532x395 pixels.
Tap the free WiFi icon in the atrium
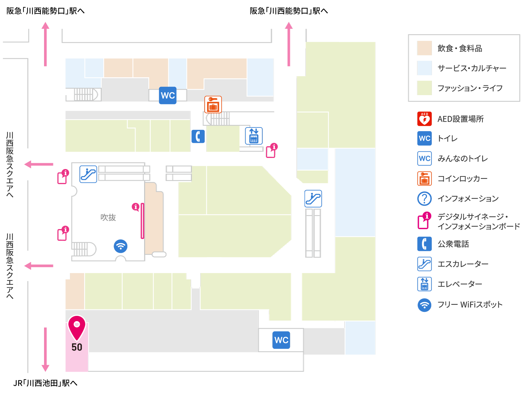[120, 246]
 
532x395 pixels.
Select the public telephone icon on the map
[198, 136]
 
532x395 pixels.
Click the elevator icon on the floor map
[254, 136]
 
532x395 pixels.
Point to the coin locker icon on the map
[213, 104]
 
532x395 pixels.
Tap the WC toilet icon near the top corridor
[168, 95]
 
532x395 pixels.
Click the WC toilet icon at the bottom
[281, 340]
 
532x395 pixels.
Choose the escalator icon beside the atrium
[88, 174]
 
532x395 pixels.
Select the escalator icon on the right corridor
[313, 199]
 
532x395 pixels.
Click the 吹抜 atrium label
[108, 217]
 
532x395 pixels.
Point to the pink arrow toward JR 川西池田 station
[45, 349]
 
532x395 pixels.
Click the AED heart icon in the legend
[424, 119]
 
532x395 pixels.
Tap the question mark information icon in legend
[424, 199]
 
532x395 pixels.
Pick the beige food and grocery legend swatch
[424, 48]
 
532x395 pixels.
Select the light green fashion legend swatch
[424, 88]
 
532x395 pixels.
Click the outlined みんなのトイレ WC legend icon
[424, 158]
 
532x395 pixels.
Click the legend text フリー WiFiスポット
[470, 304]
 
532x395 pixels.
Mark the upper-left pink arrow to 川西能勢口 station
[45, 44]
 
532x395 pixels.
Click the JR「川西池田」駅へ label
[45, 383]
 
